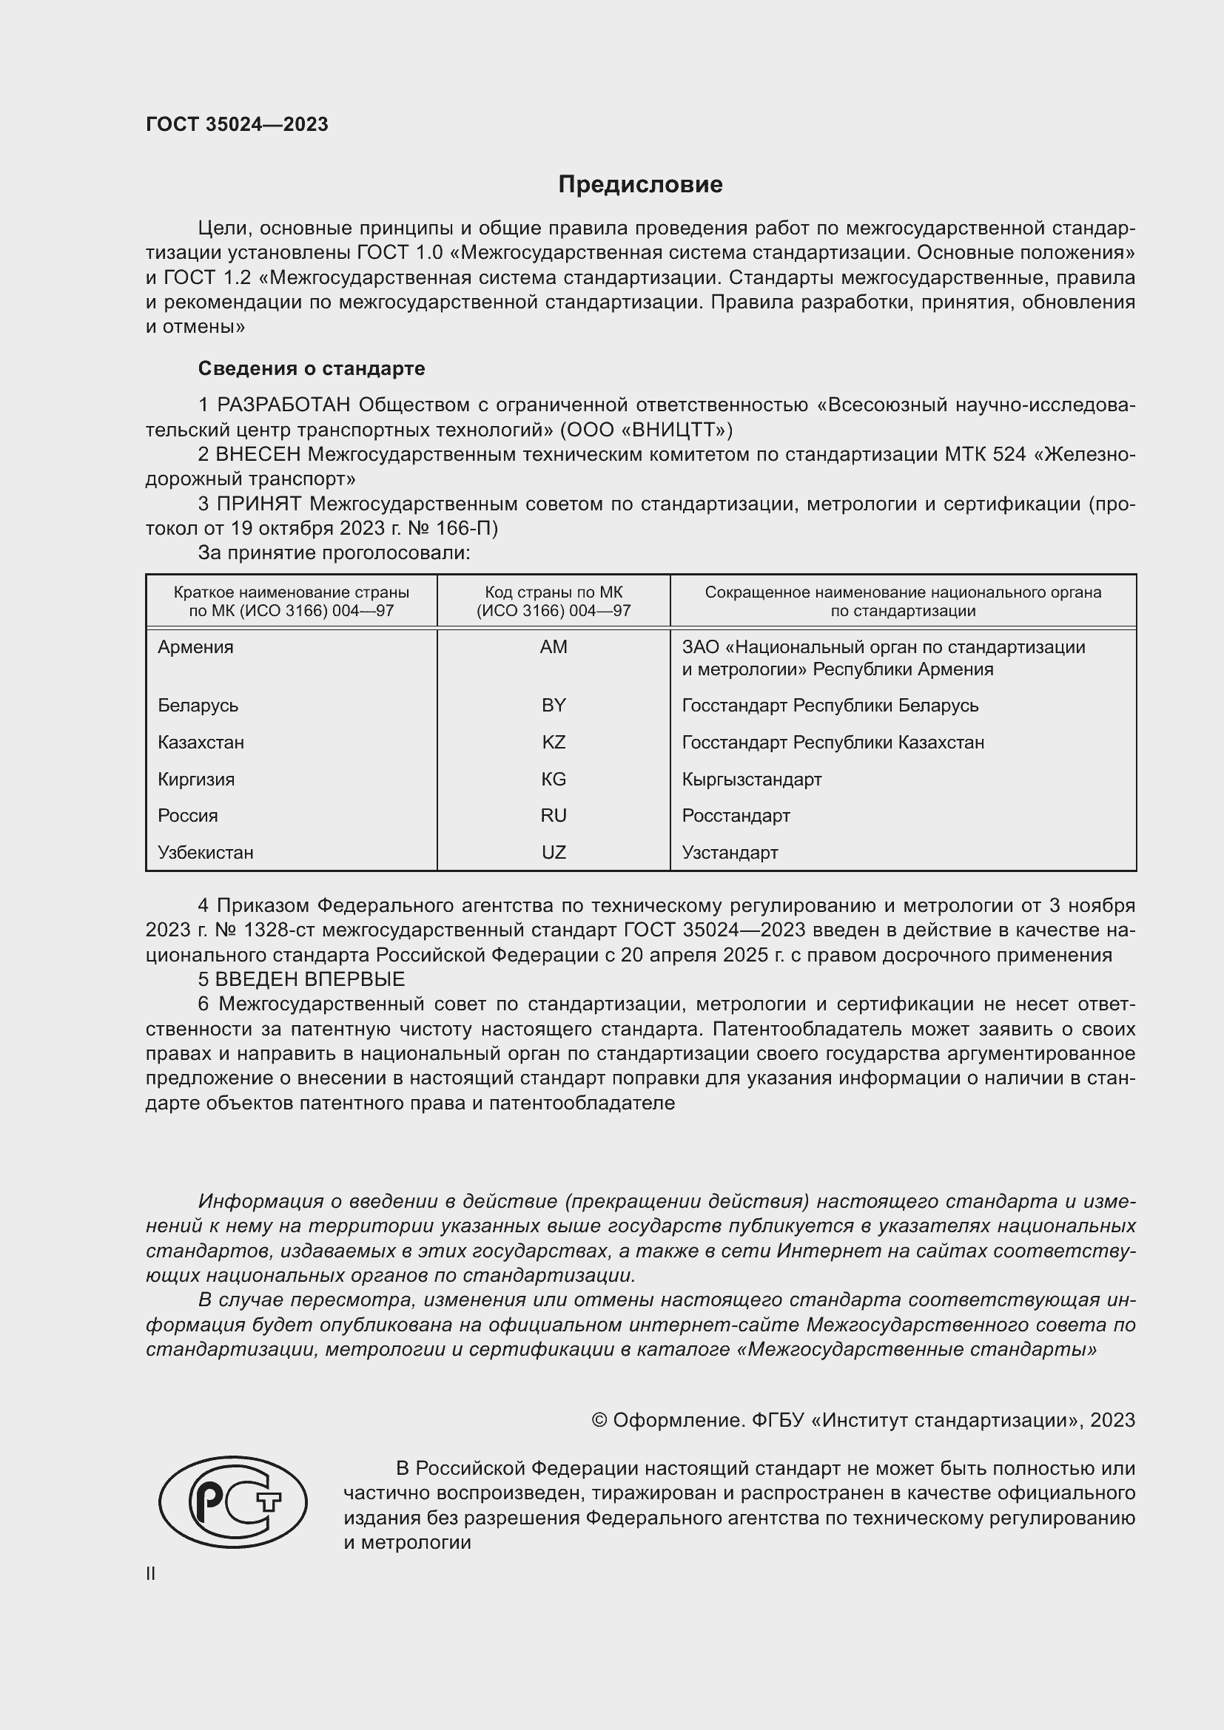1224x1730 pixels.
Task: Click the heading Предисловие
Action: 640,184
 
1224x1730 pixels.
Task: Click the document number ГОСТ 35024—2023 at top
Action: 237,124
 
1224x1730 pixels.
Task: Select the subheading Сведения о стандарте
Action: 312,368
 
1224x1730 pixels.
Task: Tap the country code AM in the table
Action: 554,647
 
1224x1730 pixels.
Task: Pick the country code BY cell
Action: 554,706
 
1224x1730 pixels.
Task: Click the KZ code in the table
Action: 554,742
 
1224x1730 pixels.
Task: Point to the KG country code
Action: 554,779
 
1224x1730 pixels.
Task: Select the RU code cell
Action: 554,815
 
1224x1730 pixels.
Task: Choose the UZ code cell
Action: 554,852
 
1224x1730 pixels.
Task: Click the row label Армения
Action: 195,647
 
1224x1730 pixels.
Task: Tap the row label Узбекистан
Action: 205,852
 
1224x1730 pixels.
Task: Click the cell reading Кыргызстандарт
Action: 750,779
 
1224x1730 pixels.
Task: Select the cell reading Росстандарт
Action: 736,815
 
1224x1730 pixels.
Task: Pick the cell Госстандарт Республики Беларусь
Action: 830,706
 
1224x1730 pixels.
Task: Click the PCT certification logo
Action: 233,1501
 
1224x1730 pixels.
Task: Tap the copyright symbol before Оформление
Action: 599,1420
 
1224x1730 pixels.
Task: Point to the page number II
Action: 151,1573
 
